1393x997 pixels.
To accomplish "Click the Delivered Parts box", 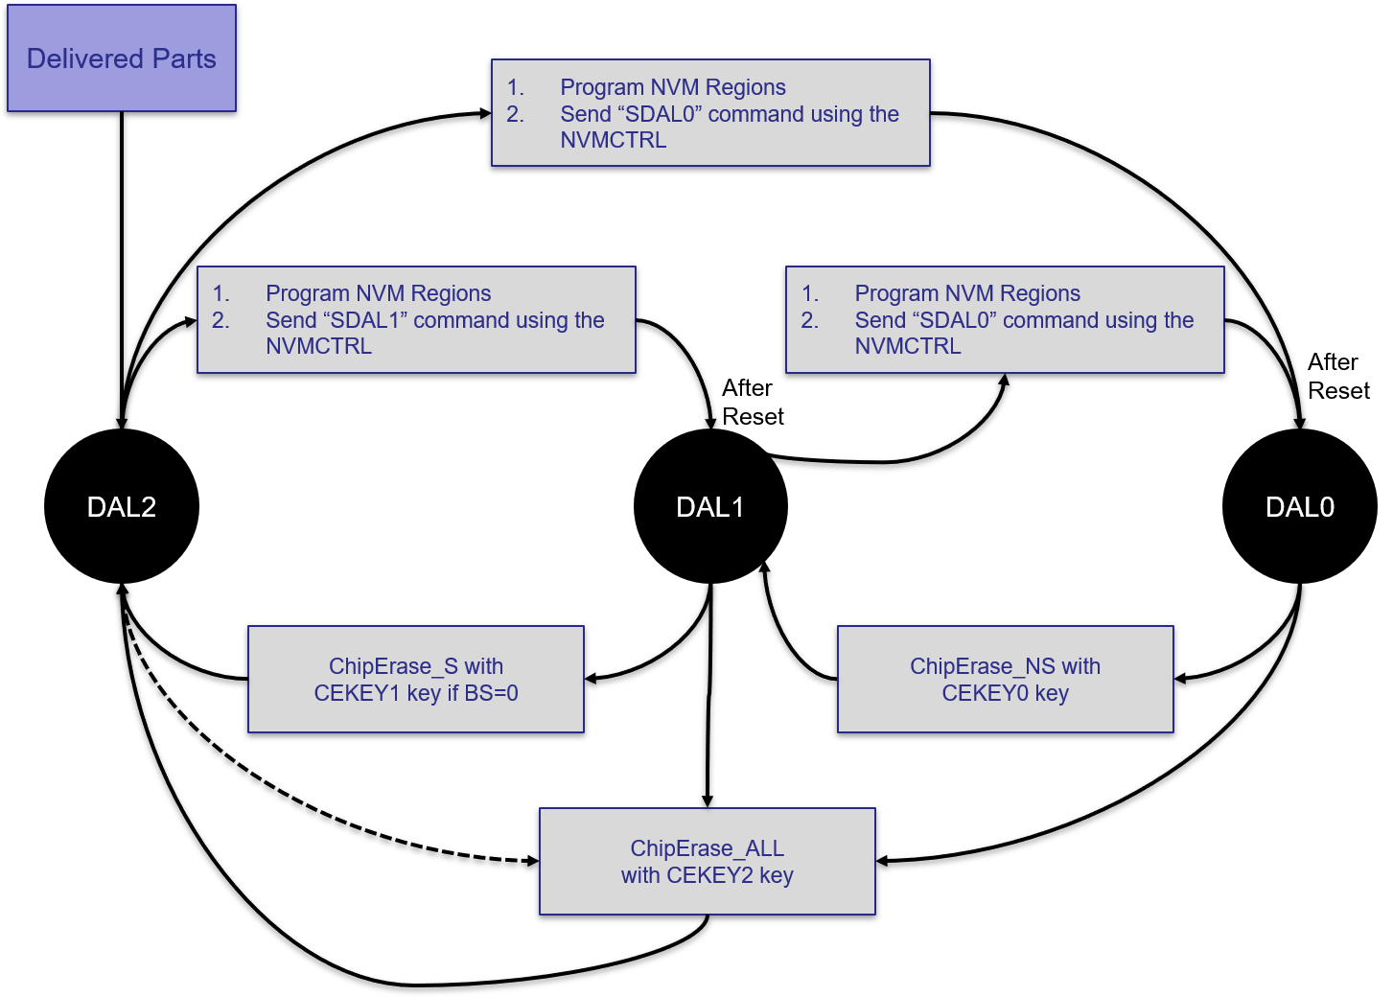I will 122,58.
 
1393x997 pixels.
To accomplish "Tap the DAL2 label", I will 122,507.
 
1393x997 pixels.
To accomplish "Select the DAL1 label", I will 709,507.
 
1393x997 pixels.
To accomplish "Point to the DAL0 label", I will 1299,507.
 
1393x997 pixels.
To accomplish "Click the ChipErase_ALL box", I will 708,861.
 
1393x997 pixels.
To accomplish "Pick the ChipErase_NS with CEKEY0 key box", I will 1005,679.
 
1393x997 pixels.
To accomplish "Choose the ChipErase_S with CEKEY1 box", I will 416,679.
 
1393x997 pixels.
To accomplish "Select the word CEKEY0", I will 985,693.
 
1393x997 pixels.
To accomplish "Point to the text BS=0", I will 491,693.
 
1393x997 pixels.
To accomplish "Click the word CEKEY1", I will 357,693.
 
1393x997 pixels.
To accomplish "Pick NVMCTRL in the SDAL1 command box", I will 318,346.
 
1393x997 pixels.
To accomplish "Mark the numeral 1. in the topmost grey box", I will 516,87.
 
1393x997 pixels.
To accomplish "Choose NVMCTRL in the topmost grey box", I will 614,140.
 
